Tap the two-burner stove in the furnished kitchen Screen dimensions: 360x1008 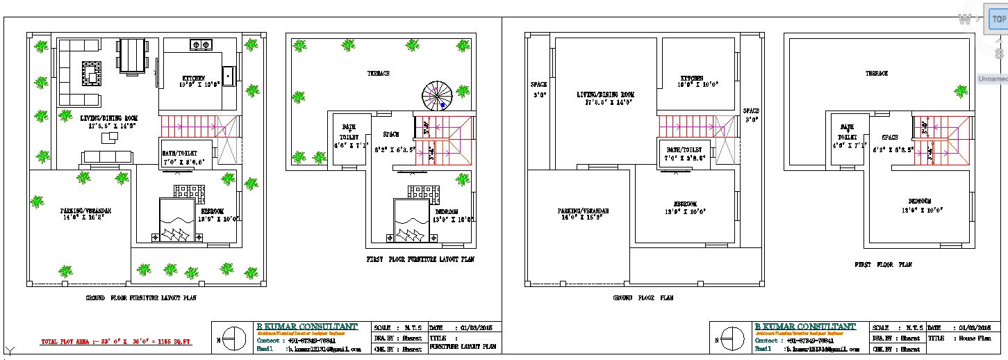201,45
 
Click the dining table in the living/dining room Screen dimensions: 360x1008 132,56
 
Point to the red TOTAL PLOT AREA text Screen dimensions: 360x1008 116,342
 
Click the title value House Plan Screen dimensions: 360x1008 975,338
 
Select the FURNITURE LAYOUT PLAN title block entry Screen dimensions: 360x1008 463,346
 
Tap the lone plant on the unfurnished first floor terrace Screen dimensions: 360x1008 962,91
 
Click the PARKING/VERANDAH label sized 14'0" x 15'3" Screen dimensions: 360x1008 583,214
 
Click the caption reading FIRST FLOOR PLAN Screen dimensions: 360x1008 883,265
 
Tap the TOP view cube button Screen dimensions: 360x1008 998,19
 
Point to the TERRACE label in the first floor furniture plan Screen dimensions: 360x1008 379,73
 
